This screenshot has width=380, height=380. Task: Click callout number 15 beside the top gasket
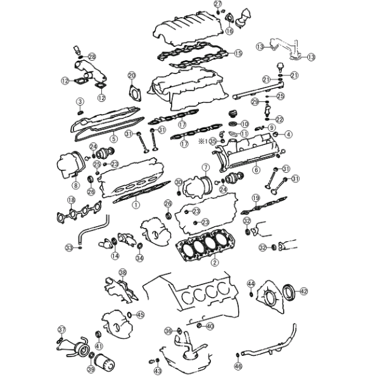click(238, 53)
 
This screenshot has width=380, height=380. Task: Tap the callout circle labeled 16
click(229, 30)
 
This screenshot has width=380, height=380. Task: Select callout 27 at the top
click(218, 4)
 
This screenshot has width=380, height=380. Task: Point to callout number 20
click(132, 76)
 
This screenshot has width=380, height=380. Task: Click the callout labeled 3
click(80, 101)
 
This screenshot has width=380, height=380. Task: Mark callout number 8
click(75, 186)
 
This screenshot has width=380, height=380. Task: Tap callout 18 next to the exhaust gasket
click(71, 201)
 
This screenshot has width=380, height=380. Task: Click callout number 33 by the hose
click(68, 246)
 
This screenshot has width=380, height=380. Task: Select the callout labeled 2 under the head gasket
click(215, 262)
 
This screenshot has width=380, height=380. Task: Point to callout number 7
click(205, 168)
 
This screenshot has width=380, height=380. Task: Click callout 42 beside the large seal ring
click(304, 291)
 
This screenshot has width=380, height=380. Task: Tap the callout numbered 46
click(238, 366)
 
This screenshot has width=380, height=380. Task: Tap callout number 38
click(122, 272)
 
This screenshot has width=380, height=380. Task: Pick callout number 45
click(140, 314)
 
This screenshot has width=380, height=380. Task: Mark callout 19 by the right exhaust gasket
click(255, 198)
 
